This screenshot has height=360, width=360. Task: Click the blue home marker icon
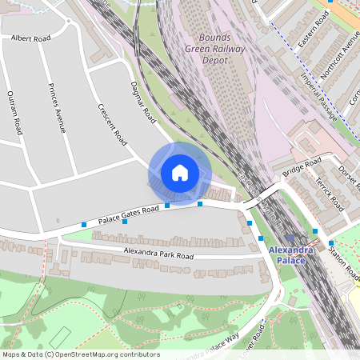click(x=180, y=173)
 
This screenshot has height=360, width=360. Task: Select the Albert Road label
click(x=30, y=38)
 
